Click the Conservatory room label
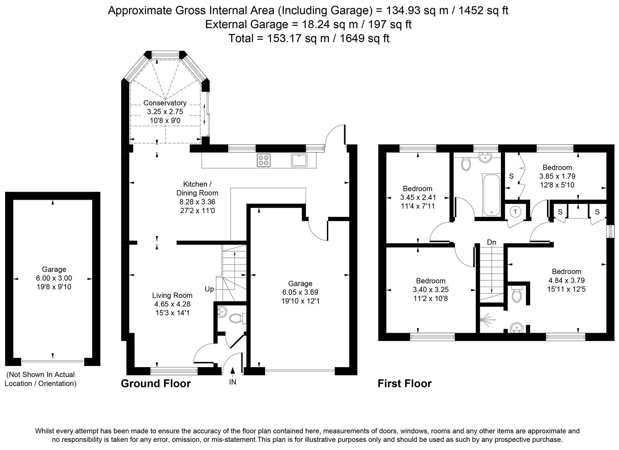click(x=165, y=103)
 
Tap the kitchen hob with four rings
click(x=263, y=160)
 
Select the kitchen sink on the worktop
click(x=299, y=160)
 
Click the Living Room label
click(x=172, y=295)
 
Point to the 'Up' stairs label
click(x=209, y=289)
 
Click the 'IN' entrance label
click(x=233, y=382)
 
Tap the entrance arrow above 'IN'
click(x=233, y=372)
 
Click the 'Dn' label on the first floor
click(x=491, y=243)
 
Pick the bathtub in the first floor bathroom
click(x=491, y=195)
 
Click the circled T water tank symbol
click(x=515, y=212)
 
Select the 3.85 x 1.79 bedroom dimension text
click(x=557, y=176)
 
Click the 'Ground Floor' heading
click(x=156, y=383)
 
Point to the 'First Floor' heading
click(x=405, y=383)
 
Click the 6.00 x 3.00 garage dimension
click(x=54, y=278)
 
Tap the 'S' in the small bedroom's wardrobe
click(x=511, y=176)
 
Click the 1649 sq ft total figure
click(x=364, y=38)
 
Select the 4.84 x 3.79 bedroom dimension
click(x=566, y=280)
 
